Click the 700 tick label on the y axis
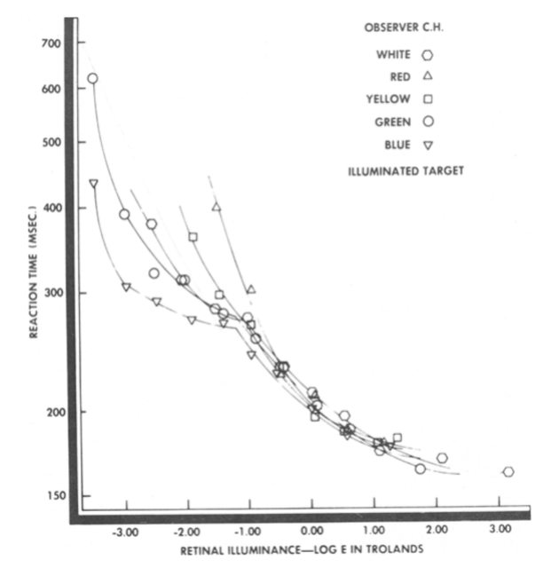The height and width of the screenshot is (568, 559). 51,43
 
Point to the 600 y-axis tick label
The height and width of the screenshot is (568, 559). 51,89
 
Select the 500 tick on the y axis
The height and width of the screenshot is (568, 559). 51,142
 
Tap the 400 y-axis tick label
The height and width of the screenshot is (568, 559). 51,208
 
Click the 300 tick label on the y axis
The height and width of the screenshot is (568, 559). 51,293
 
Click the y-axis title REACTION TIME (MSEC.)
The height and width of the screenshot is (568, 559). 33,271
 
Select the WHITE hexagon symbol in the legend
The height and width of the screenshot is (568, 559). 429,54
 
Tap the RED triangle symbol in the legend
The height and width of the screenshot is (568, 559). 429,76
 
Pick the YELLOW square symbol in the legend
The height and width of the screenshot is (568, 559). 429,99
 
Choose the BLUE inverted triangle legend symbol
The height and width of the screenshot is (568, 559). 429,145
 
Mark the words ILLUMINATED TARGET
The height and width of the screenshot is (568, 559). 406,169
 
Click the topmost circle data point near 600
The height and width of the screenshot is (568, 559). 92,78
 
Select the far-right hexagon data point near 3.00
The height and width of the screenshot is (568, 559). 508,471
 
